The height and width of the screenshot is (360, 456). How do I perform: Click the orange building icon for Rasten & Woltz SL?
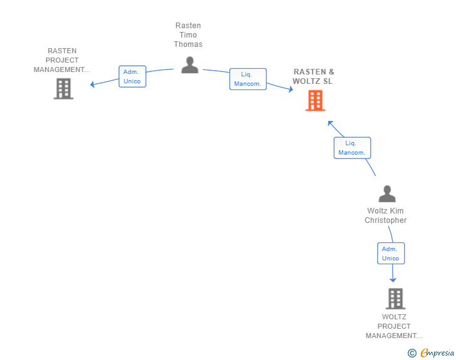(x=315, y=101)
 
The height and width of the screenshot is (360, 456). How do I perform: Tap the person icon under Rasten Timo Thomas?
(x=190, y=65)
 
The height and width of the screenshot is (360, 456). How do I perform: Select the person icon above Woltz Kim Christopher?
(x=387, y=193)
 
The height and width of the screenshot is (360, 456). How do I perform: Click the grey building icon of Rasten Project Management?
(x=63, y=89)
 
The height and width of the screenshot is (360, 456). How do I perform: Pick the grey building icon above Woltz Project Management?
(x=395, y=299)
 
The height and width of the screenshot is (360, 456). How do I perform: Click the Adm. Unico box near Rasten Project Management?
(x=132, y=76)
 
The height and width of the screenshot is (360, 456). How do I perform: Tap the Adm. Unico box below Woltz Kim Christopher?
(x=391, y=254)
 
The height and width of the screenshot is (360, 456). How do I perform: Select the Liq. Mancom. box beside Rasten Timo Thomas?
(x=248, y=79)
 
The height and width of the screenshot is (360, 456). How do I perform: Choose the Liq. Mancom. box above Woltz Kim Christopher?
(x=352, y=148)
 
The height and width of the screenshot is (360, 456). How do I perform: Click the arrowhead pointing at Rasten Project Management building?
(x=92, y=85)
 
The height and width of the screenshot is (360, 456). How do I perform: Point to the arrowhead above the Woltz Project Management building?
(x=393, y=280)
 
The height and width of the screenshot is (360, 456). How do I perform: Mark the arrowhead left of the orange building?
(x=291, y=89)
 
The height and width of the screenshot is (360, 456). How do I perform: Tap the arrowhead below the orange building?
(x=330, y=123)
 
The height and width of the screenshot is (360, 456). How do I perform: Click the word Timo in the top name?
(x=188, y=35)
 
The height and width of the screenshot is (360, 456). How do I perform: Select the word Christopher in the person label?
(x=386, y=220)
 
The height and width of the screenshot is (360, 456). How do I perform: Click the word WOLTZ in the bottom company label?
(x=394, y=317)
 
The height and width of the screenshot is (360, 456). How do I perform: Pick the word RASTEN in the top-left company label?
(x=62, y=51)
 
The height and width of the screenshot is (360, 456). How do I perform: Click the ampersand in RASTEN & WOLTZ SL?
(x=331, y=71)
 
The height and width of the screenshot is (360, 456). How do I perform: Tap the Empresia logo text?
(x=437, y=352)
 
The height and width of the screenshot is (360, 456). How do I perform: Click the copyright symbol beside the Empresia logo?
(x=412, y=353)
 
